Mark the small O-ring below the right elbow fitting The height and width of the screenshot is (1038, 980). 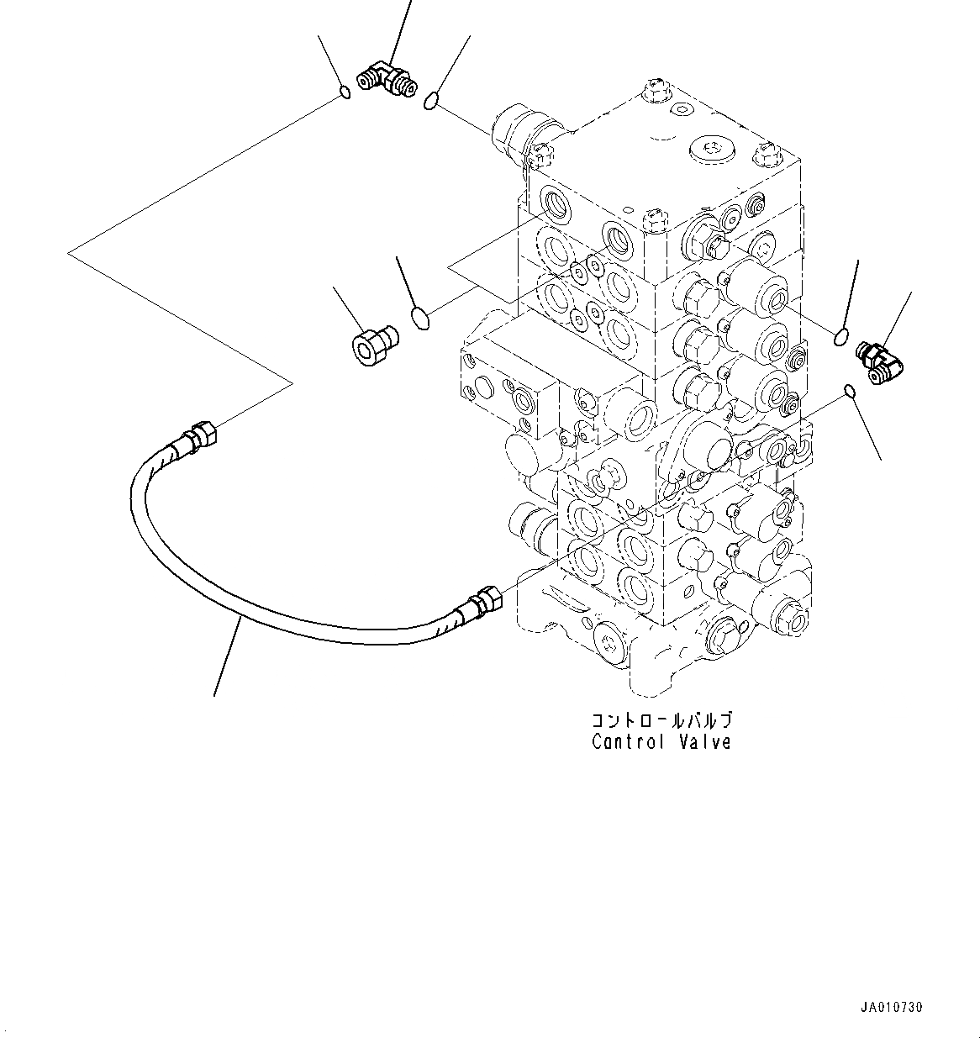click(x=849, y=391)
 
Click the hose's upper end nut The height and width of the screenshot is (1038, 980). click(x=202, y=434)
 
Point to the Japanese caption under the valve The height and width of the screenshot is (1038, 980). click(x=662, y=721)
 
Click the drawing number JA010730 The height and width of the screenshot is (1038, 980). click(x=891, y=1007)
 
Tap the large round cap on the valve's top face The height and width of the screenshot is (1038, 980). click(x=711, y=151)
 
